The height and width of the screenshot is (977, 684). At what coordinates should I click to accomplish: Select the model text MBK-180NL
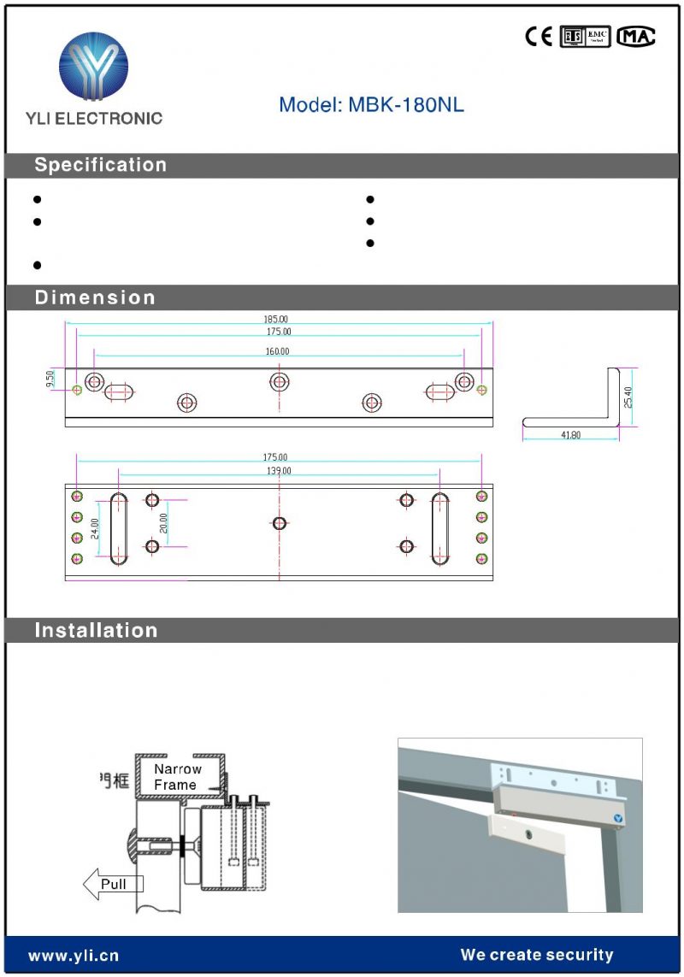(371, 105)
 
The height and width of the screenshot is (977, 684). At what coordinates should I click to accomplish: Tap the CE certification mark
(539, 37)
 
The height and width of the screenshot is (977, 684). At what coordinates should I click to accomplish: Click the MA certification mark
(636, 37)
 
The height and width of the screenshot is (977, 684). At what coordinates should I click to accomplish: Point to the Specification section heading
(100, 165)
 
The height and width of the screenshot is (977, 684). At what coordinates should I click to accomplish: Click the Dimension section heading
(95, 297)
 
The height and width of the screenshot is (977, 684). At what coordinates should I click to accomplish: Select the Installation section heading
(96, 631)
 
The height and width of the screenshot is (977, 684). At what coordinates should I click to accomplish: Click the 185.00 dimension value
(276, 320)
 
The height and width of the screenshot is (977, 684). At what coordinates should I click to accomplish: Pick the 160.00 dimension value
(276, 351)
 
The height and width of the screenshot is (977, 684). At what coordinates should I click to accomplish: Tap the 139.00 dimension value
(278, 471)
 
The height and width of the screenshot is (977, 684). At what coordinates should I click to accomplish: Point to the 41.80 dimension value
(570, 435)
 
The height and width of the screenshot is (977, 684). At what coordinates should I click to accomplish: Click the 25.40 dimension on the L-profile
(628, 397)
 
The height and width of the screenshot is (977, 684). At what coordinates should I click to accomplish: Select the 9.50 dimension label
(50, 380)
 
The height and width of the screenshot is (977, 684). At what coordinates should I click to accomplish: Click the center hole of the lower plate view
(280, 523)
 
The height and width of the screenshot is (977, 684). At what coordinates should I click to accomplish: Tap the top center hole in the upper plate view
(280, 381)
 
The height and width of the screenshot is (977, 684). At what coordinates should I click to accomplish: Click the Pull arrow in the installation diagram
(112, 885)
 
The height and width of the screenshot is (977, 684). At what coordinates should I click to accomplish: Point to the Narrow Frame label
(178, 777)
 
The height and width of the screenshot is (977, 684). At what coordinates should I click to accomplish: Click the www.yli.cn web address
(74, 955)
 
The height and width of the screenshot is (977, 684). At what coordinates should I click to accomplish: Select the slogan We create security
(536, 955)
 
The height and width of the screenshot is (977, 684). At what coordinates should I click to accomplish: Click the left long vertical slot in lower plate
(118, 528)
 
